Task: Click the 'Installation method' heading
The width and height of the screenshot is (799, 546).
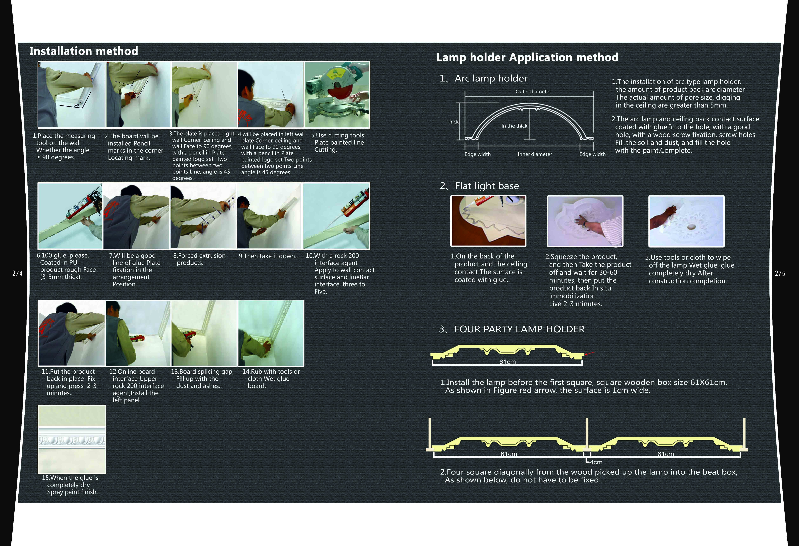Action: (x=84, y=51)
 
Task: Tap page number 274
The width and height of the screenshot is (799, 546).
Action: (x=17, y=273)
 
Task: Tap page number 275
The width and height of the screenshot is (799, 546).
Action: (x=780, y=273)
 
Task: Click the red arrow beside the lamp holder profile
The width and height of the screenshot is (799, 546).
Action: (x=590, y=353)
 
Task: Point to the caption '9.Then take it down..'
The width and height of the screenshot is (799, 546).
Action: (x=268, y=256)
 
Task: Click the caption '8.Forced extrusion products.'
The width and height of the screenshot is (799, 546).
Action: (x=199, y=259)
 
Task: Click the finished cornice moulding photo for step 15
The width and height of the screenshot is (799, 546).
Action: (x=72, y=439)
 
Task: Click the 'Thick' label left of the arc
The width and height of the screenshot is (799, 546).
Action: (x=452, y=122)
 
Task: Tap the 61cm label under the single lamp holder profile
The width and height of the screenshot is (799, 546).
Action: (x=507, y=362)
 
